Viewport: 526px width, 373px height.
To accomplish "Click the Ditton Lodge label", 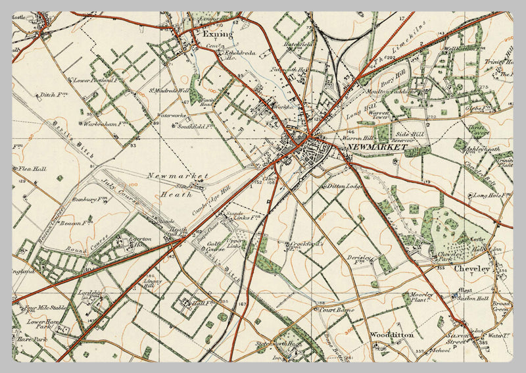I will [x=346, y=187].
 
